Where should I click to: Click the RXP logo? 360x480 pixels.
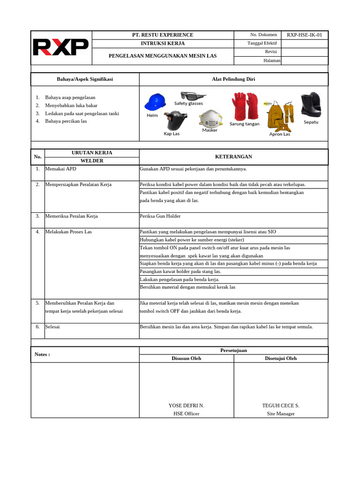[60, 47]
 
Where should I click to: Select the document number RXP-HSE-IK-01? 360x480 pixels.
[304, 35]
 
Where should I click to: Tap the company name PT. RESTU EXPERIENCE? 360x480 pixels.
[163, 35]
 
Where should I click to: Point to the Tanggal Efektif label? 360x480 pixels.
[262, 44]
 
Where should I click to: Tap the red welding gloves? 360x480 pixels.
[244, 106]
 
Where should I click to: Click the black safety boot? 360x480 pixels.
[311, 105]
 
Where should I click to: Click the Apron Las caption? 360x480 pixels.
[280, 134]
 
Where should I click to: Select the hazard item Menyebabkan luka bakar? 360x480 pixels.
[71, 105]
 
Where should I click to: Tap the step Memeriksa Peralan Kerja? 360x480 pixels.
[71, 217]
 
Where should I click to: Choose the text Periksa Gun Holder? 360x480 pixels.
[160, 217]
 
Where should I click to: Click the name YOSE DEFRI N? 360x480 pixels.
[186, 405]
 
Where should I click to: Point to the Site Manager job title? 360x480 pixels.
[281, 414]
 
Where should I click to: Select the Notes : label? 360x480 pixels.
[42, 354]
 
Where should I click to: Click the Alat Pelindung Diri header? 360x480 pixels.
[233, 79]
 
